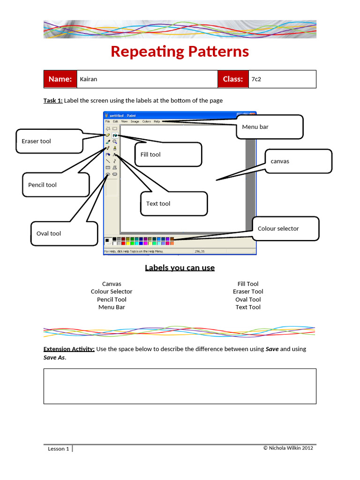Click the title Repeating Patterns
click(180, 52)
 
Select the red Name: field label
click(60, 79)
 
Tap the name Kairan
click(89, 79)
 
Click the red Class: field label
click(232, 79)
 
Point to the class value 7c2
click(256, 79)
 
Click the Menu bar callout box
click(269, 127)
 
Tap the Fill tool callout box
click(168, 154)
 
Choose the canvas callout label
click(298, 161)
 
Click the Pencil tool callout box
click(55, 185)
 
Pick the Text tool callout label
click(173, 203)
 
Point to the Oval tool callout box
click(64, 233)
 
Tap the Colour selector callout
click(285, 229)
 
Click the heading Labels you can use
click(180, 268)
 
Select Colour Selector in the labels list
click(112, 292)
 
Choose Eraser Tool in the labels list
click(248, 292)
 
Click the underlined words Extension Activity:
click(69, 349)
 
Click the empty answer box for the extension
click(180, 386)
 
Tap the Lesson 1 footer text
click(59, 449)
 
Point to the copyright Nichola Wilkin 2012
click(288, 448)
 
